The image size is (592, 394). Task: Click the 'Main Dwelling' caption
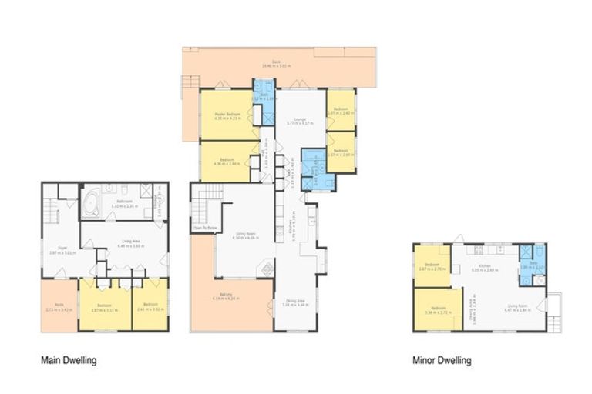tap(69, 359)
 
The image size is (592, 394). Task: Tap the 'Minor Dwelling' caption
tap(442, 359)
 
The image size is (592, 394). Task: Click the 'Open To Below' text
tap(203, 229)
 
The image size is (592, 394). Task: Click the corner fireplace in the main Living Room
tap(266, 269)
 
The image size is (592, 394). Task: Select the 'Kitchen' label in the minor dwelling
tap(476, 270)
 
